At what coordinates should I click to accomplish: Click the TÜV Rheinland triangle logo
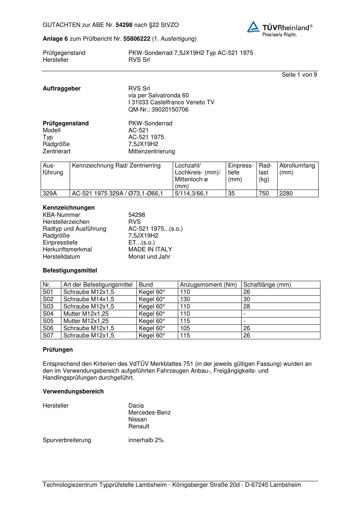click(253, 27)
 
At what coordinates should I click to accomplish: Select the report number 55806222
click(137, 39)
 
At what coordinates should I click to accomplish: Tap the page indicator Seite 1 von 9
click(299, 75)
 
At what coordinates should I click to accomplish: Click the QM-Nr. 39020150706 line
click(158, 110)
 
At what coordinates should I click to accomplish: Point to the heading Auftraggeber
click(62, 89)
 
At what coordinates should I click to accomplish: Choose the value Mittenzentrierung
click(151, 151)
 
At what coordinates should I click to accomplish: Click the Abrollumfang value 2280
click(286, 194)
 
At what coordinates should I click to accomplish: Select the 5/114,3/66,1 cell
click(191, 194)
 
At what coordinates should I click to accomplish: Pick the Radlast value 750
click(264, 194)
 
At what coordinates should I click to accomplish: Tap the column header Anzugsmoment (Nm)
click(208, 285)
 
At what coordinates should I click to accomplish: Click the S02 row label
click(48, 299)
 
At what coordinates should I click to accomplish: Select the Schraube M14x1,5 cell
click(89, 299)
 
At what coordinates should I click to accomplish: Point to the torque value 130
click(185, 299)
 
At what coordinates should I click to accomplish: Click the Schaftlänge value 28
click(247, 307)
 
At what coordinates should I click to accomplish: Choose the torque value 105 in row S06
click(185, 328)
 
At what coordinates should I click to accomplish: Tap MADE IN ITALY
click(150, 250)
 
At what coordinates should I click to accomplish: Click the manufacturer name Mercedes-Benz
click(149, 413)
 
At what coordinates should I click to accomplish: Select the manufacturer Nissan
click(138, 420)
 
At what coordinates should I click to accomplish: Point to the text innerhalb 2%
click(146, 440)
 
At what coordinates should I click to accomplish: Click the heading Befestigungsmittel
click(70, 271)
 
